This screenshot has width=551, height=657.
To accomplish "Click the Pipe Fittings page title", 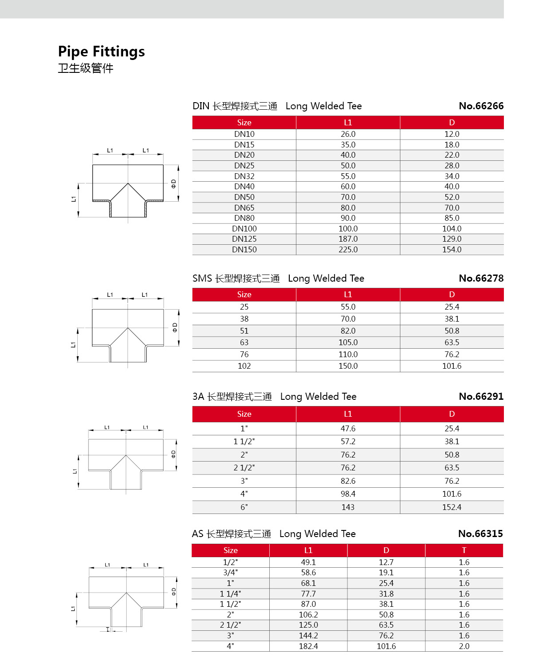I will pos(101,52).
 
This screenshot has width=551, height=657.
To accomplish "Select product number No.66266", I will pos(481,106).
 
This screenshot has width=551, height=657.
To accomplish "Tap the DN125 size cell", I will pos(244,239).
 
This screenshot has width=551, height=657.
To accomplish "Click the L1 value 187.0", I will pos(348,239).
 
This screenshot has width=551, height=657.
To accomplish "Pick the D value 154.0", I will pos(451,250).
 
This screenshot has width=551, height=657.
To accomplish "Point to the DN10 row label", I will pos(244,134).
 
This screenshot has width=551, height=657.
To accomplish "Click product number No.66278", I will pos(481,279).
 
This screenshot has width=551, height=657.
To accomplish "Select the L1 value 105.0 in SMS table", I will pos(348,342).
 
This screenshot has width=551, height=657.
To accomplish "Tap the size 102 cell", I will pos(244,366).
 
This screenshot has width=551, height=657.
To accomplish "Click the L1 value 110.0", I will pos(348,354).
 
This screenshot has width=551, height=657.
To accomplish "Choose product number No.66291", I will pos(481,397).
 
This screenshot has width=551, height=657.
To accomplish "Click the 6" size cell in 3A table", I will pos(244,507).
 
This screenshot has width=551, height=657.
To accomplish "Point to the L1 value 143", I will pos(348,507).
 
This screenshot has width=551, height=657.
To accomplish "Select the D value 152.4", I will pos(451,507).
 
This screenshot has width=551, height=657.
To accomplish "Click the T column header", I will pos(464,550).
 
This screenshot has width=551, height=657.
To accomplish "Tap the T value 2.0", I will pos(464,646).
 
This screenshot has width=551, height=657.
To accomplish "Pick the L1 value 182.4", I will pos(308,646).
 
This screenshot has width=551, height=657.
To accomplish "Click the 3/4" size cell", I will pos(230,573).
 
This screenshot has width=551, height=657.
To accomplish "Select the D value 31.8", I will pos(386,594).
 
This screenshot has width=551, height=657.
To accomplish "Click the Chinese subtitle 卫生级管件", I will pos(86,68).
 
